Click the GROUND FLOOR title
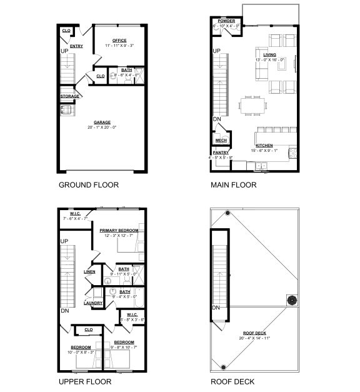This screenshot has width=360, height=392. pos(88,185)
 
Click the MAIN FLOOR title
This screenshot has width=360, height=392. pos(233,185)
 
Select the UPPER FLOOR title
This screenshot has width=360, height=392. pos(84,381)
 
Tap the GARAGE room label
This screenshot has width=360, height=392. pos(102,123)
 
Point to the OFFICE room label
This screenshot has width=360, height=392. pos(119,41)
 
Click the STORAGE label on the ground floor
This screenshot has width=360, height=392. pos(69,96)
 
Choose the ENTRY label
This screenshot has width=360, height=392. pos(76,46)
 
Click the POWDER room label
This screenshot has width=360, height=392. pos(226,21)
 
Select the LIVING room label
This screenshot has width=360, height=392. pos(269,55)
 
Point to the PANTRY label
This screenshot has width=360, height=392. pos(221,152)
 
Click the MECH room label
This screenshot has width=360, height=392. pos(221,141)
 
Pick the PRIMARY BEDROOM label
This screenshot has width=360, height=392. pos(119,230)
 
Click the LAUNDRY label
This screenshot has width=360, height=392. pos(93,303)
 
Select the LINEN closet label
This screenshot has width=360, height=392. pos(89,271)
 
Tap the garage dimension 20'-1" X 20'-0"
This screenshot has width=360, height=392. pos(102,127)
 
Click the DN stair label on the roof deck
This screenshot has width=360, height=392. pos(216,308)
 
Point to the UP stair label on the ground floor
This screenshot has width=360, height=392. pos(64,51)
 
